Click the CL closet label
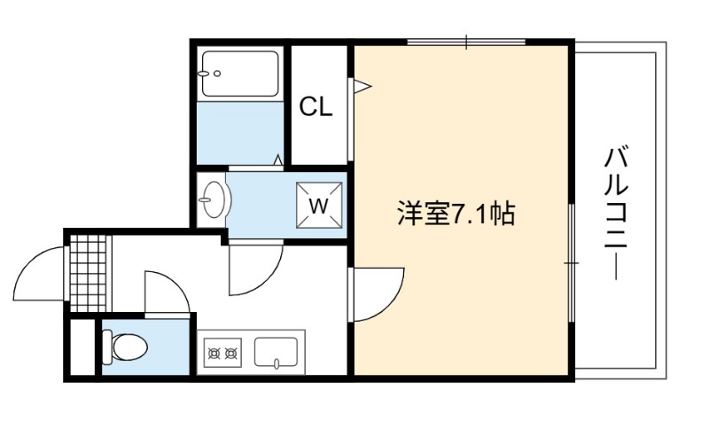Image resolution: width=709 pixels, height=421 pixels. point(316,106)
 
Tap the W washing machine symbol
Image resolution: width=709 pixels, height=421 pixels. point(319,206)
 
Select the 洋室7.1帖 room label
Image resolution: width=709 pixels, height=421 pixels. point(456,213)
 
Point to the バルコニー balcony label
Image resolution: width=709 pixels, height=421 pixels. point(617,213)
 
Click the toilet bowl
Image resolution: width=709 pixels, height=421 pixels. point(126,347)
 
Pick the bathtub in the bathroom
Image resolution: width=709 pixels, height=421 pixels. point(240,74)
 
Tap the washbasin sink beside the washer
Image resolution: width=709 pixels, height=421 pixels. point(214,199)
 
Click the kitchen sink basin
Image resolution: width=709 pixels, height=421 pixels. point(276,352)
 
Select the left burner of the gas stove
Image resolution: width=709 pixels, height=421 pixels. point(214,352)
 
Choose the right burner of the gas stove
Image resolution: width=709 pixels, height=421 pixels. point(231,352)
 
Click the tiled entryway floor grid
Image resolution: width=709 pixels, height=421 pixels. point(90,274)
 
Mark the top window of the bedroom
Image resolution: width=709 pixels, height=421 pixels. point(467,42)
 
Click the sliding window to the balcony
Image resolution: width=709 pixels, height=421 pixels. point(572,262)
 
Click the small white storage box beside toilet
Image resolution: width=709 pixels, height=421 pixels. point(82,347)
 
